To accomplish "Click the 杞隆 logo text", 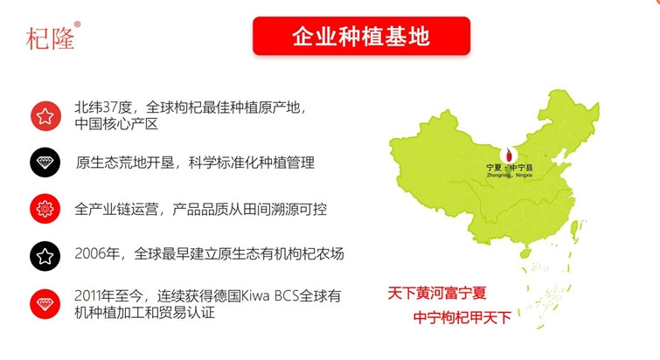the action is coord(50,38).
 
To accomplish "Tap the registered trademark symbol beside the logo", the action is coord(77,24).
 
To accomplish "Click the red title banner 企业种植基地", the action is coord(361,36).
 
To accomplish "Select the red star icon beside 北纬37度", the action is coord(45,115).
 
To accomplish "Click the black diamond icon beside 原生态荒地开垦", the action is coord(45,163).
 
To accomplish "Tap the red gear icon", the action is coord(45,209).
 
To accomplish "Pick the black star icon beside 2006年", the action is coord(45,256).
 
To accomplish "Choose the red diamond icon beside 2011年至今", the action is coord(45,304).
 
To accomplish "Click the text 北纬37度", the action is coord(103,107).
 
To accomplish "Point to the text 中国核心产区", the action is coord(116,124).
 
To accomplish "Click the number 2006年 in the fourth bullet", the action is coord(97,253).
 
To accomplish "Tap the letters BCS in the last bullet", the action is coord(287,295).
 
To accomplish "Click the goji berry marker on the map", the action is coord(509,155).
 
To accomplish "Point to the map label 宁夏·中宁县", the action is coord(510,168).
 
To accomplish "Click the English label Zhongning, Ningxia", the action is coord(510,175).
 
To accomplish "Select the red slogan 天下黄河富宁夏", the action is coord(437,293).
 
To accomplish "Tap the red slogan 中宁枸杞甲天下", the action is coord(462,317).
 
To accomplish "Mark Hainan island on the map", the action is coord(525,253).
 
